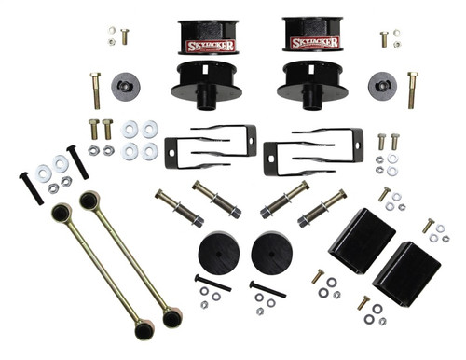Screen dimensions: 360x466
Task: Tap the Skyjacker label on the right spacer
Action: pyautogui.click(x=313, y=43)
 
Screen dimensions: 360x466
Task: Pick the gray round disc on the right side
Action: pyautogui.click(x=381, y=83)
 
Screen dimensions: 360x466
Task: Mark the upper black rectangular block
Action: pyautogui.click(x=362, y=240)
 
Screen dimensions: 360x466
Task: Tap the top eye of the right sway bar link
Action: pyautogui.click(x=89, y=200)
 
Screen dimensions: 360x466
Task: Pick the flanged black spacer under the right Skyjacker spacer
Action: pyautogui.click(x=308, y=84)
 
